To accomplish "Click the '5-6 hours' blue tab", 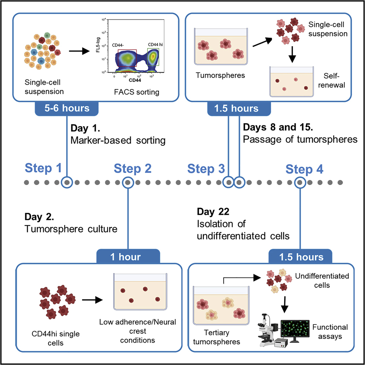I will (67, 108).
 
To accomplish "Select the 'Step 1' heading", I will (43, 168).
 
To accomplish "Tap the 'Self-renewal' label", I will (334, 81).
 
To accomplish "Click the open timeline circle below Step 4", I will (300, 182).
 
